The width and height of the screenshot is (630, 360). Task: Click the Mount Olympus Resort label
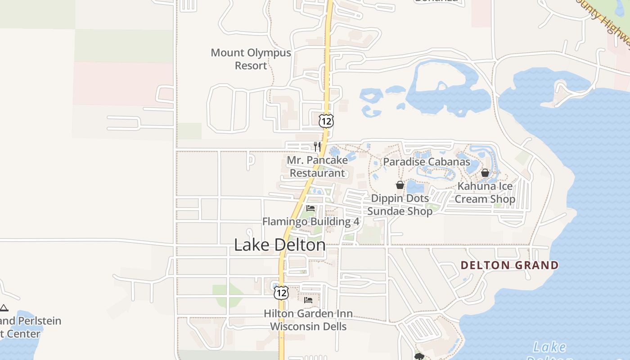tap(251, 59)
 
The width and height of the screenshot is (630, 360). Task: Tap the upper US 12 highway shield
tap(327, 120)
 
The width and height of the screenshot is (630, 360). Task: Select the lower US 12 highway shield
tap(281, 292)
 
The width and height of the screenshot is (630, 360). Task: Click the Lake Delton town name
tap(280, 245)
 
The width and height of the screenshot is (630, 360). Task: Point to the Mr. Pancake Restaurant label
tap(317, 166)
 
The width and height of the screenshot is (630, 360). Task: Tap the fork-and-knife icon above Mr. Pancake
tap(317, 146)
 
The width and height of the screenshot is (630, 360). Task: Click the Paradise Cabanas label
tap(427, 162)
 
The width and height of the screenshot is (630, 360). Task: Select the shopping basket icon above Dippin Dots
tap(400, 185)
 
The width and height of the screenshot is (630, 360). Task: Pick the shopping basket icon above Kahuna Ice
tap(485, 173)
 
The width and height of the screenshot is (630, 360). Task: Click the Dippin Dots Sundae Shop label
tap(400, 205)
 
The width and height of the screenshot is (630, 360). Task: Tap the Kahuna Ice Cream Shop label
tap(485, 193)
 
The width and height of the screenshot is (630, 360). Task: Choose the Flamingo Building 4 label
tap(310, 221)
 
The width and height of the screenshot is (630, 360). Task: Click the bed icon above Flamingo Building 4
tap(310, 208)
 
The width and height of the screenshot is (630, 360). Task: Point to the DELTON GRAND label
tap(510, 265)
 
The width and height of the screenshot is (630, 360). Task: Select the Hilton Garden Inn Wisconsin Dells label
tap(308, 319)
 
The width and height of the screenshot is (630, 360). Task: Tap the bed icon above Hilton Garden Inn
tap(308, 300)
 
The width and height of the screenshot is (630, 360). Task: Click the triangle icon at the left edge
tap(4, 308)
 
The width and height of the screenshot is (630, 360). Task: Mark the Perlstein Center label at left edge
tap(27, 327)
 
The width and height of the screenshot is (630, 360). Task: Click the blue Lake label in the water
tap(549, 347)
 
